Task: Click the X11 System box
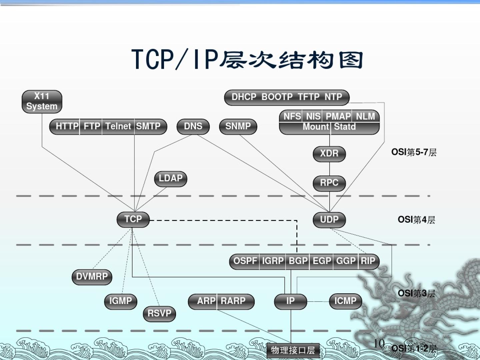click(x=42, y=101)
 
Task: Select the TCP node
click(x=133, y=219)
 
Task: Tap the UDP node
click(x=329, y=220)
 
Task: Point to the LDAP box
click(x=170, y=179)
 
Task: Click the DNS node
click(x=193, y=126)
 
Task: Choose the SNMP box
click(x=238, y=126)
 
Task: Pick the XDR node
click(x=329, y=154)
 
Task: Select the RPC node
click(x=329, y=183)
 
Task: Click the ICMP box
click(x=345, y=301)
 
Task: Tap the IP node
click(x=290, y=301)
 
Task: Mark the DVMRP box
click(x=92, y=277)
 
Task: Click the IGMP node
click(x=121, y=301)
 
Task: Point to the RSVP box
click(x=159, y=313)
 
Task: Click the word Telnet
click(x=118, y=126)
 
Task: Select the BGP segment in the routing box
click(x=298, y=261)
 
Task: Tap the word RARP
click(x=233, y=301)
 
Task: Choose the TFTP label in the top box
click(x=309, y=97)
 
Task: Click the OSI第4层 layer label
click(x=416, y=220)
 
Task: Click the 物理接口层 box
click(x=293, y=350)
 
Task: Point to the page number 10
click(x=379, y=343)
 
